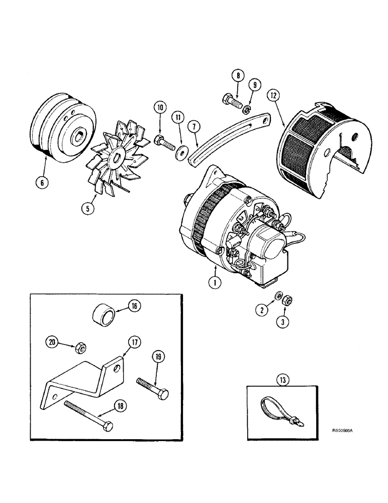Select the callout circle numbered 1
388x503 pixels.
pyautogui.click(x=215, y=283)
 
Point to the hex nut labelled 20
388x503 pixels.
pyautogui.click(x=79, y=347)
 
